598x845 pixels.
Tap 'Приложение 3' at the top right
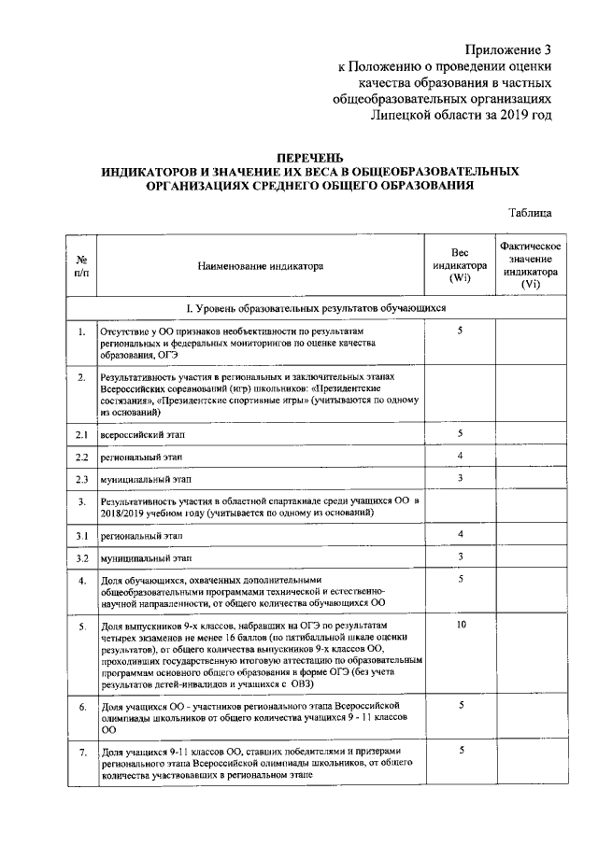509,49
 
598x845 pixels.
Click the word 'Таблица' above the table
531,213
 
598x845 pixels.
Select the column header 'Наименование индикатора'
260,266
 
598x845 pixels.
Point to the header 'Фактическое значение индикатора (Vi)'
530,264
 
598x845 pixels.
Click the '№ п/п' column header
82,266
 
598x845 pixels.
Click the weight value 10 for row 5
461,622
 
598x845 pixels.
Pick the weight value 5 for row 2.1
461,433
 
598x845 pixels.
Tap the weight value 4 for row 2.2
461,456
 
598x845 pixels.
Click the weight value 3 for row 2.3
461,478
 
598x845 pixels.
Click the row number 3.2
82,558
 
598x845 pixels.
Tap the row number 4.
82,581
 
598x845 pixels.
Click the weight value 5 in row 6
461,706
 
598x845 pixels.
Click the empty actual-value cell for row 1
530,342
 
